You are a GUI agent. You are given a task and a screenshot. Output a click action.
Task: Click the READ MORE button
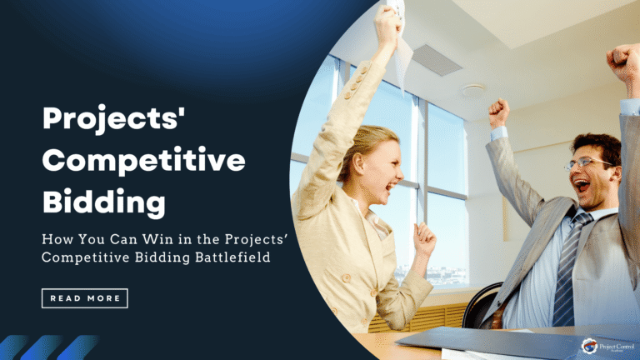pyautogui.click(x=84, y=297)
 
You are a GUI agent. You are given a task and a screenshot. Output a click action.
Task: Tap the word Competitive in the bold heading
pyautogui.click(x=144, y=160)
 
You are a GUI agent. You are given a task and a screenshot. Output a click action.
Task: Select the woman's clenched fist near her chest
pyautogui.click(x=425, y=240)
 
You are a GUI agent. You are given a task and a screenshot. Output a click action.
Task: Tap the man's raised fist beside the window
pyautogui.click(x=498, y=112)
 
